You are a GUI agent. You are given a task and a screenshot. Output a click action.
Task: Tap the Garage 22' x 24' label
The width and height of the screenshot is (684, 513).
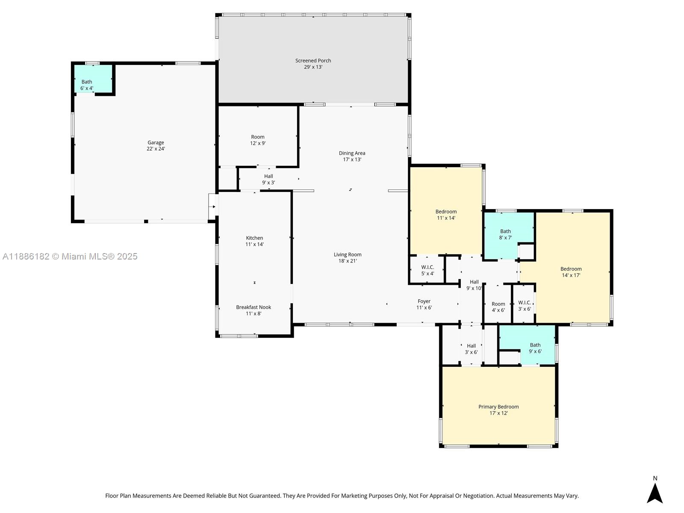[x=156, y=145]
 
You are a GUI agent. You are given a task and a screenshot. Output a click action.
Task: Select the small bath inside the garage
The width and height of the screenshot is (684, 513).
[x=93, y=79]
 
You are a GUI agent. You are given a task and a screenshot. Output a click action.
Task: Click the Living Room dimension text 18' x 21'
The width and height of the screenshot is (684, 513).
[x=348, y=261]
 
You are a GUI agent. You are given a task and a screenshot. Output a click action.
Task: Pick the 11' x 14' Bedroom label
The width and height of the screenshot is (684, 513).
[x=446, y=215]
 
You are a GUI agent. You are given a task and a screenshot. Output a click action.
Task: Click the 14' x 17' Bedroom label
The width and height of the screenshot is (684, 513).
[x=571, y=272]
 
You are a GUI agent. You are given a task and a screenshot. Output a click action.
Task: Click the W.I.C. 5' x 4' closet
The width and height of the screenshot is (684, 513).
[x=427, y=270]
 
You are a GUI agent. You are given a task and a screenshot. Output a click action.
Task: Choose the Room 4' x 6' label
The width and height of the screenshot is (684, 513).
[x=498, y=307]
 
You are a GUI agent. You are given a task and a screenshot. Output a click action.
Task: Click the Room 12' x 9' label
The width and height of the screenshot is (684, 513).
[x=258, y=140]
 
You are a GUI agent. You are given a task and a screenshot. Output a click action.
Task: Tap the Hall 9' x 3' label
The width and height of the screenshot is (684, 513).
[x=268, y=179]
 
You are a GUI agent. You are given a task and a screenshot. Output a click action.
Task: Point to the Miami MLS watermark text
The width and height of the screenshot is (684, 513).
[x=70, y=256]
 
